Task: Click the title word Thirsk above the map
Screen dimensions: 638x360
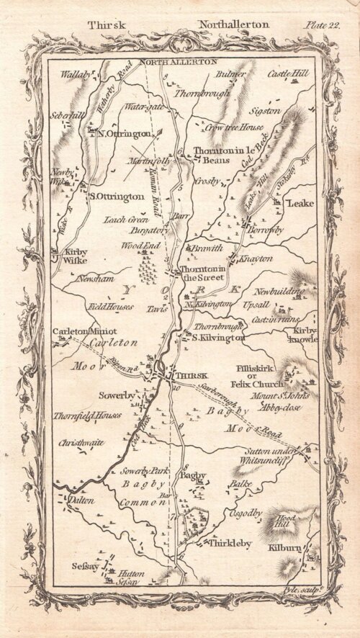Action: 107,25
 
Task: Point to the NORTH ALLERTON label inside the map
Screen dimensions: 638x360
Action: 178,63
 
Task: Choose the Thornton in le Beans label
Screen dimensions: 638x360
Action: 222,156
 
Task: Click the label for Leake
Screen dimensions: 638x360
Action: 300,204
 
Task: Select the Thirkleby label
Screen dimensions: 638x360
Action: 230,544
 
